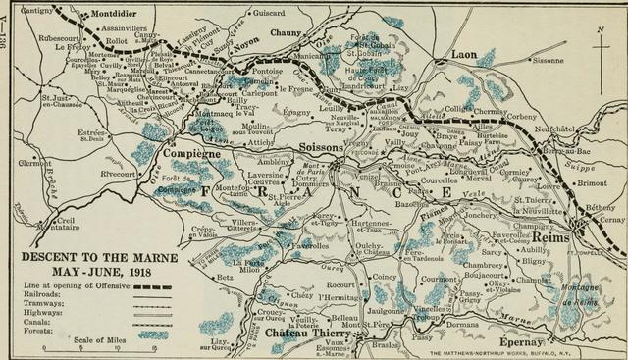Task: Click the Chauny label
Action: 289,33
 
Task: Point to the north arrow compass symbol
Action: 599,44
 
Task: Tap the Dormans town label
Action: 460,323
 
